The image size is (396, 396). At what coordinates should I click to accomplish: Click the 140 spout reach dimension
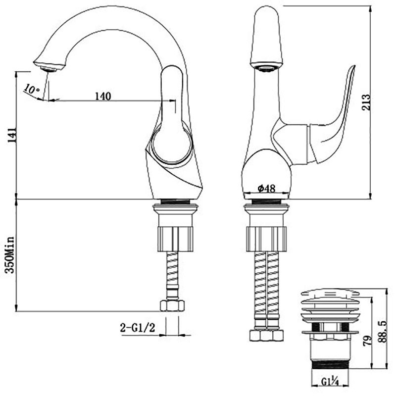(103, 96)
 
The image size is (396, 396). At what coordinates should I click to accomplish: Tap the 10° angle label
(32, 89)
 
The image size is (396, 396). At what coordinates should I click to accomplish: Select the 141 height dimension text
(12, 135)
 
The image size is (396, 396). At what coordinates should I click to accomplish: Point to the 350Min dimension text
(10, 255)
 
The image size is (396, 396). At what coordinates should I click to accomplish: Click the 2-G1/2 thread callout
(138, 328)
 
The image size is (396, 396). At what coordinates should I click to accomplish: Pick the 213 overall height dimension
(366, 102)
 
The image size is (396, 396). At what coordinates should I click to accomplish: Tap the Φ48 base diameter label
(266, 188)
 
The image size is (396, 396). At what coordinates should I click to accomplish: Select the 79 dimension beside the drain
(368, 341)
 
